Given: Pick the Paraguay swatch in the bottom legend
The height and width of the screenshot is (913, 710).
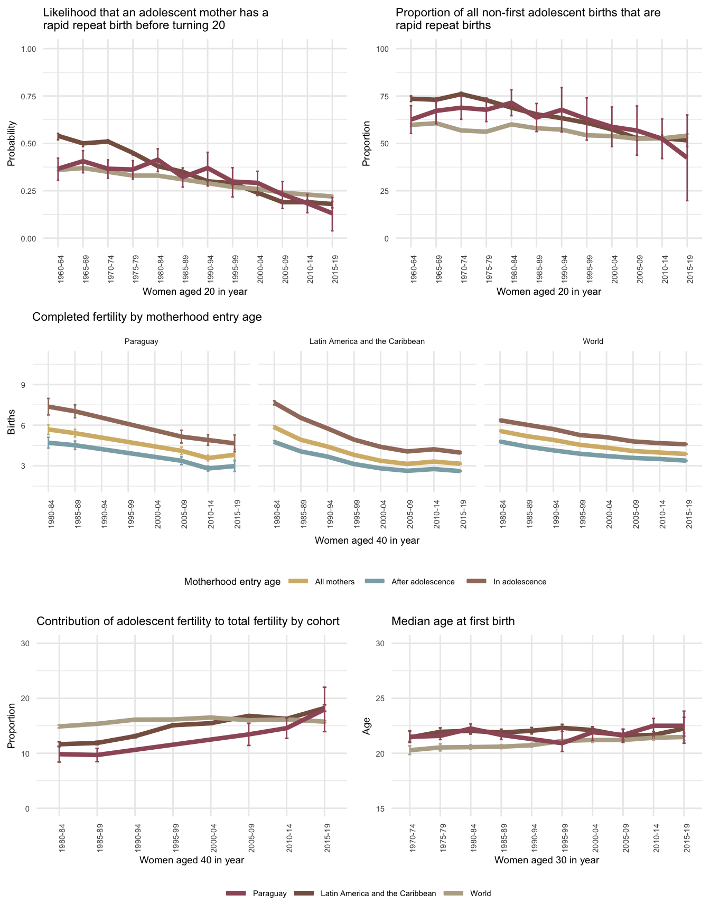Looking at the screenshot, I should click(237, 893).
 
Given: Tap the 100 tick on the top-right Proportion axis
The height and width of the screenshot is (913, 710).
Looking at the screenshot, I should click(382, 49).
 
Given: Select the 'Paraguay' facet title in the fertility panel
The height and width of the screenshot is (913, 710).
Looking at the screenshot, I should click(141, 341).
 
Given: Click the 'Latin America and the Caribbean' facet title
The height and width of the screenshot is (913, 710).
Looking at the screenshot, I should click(367, 341).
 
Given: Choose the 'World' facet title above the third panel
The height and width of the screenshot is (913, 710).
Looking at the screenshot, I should click(593, 341).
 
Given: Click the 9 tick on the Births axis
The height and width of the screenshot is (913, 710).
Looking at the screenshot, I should click(23, 385).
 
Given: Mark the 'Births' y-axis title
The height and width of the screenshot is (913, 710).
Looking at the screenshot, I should click(11, 425).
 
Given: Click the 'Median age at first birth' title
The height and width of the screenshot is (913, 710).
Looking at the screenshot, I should click(453, 621).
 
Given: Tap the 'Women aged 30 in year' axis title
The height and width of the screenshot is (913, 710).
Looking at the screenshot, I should click(546, 860).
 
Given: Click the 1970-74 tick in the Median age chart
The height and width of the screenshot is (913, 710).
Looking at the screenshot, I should click(410, 837).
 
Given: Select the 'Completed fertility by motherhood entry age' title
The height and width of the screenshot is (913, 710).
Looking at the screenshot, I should click(147, 317).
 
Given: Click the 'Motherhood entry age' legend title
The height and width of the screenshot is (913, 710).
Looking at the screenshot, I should click(232, 582).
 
